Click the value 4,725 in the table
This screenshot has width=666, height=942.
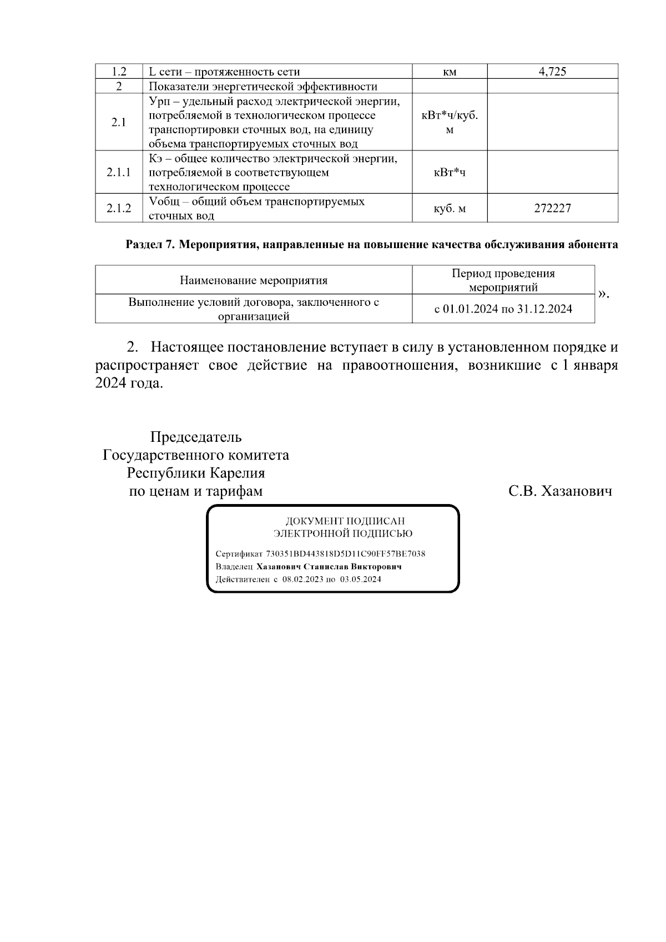[552, 72]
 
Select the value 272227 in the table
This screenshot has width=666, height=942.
[552, 209]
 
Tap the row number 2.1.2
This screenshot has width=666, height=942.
[119, 209]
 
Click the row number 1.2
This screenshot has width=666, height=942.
[119, 72]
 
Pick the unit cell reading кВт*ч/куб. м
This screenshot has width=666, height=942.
[450, 123]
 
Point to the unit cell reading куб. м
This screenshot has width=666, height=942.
[450, 209]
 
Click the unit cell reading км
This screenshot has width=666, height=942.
[450, 72]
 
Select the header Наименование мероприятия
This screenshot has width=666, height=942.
[254, 280]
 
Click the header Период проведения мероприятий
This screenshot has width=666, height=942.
[503, 280]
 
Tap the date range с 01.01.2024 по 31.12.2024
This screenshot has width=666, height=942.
[503, 309]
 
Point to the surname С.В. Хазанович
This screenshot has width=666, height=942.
[561, 491]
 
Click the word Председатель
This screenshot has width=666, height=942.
[196, 437]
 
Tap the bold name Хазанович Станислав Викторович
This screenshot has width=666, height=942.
[329, 567]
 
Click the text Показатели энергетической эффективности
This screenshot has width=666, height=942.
[263, 87]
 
